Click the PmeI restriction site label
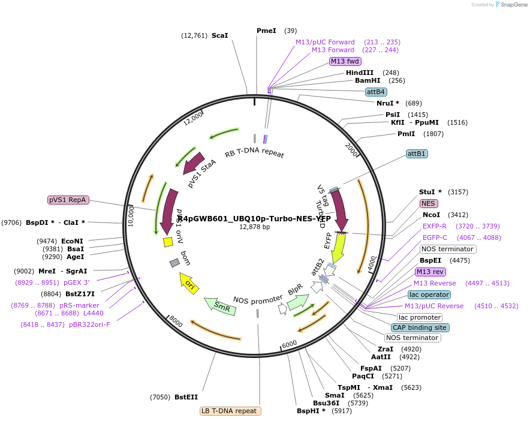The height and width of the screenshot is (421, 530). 266,31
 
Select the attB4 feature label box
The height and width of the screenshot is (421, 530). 376,92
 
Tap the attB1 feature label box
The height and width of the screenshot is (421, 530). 417,154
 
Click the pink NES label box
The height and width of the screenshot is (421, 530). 428,203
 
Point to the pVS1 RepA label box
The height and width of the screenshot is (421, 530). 68,200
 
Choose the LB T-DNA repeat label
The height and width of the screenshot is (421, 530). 231,411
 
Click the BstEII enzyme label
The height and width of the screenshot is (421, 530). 186,397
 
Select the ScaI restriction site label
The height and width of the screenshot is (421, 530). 220,35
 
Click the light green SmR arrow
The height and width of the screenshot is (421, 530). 219,305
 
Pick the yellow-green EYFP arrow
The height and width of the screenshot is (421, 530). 339,246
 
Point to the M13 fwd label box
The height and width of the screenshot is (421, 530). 345,61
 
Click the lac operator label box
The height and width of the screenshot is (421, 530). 429,294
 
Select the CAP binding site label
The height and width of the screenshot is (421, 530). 420,327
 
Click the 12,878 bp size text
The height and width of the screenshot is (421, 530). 255,227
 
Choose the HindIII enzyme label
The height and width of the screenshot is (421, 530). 360,73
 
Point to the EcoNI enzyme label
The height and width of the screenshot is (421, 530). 71,241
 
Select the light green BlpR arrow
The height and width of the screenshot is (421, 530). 298,302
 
